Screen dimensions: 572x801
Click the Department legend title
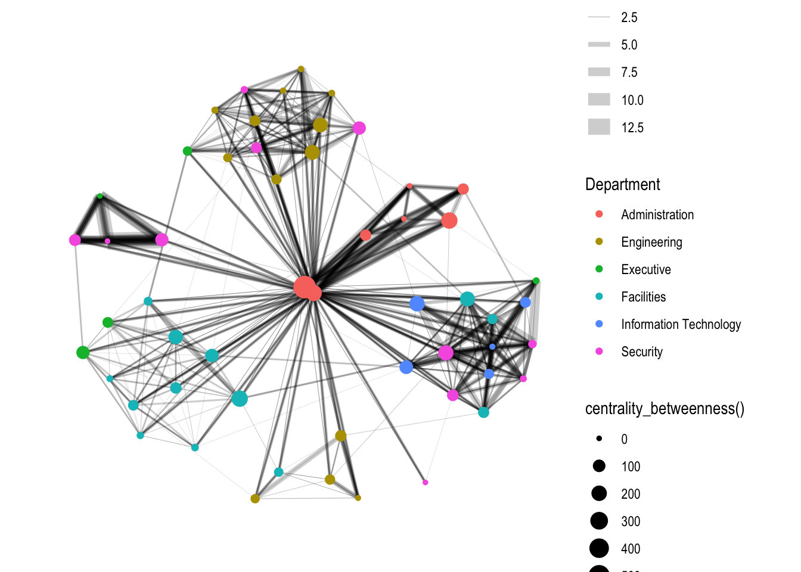622,185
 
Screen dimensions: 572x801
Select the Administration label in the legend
657,214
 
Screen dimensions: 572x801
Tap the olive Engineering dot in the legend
599,241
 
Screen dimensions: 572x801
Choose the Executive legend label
645,269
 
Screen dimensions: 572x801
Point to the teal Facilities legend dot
599,296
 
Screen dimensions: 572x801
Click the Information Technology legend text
681,324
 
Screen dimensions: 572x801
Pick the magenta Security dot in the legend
599,351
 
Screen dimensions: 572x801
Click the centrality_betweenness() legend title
665,409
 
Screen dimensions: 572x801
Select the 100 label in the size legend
631,467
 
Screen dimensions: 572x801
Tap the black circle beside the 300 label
599,521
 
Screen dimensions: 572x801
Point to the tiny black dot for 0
599,439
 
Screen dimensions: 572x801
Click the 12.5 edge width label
632,128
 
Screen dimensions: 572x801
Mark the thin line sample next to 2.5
599,17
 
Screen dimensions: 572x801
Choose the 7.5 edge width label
629,73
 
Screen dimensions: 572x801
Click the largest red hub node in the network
304,287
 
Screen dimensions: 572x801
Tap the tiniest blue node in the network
492,347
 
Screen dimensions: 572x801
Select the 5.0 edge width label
629,45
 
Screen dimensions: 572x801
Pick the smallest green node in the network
100,196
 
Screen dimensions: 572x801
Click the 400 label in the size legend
631,549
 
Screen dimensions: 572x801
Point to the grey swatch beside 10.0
599,100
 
